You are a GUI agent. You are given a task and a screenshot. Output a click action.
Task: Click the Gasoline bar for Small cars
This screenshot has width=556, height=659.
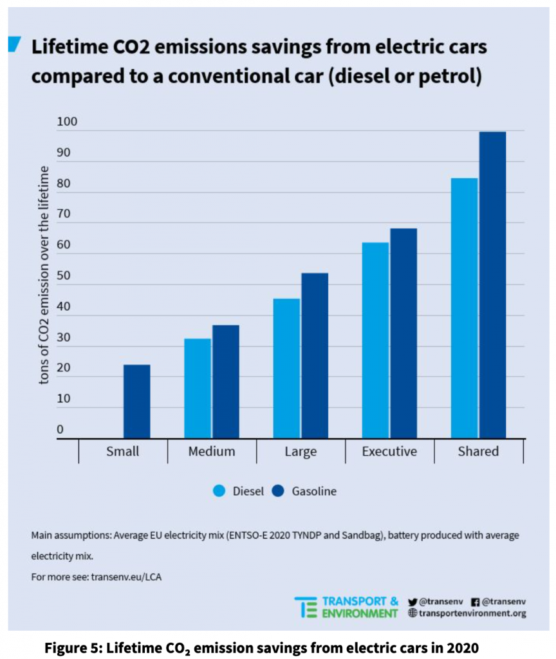click(136, 402)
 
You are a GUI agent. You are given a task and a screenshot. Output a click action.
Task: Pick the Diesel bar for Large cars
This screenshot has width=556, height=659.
click(286, 368)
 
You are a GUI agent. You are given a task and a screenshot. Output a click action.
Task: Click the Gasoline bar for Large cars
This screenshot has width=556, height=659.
click(315, 355)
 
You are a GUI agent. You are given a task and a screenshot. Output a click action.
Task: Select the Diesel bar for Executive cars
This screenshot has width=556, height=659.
click(375, 340)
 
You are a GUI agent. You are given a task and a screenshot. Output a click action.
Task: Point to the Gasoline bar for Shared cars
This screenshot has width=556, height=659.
click(492, 285)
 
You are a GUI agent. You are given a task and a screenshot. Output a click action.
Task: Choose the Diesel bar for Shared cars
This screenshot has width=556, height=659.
click(464, 308)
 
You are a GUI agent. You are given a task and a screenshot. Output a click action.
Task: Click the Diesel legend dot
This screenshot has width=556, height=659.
click(219, 491)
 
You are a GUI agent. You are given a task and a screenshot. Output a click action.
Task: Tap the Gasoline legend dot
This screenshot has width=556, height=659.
click(279, 491)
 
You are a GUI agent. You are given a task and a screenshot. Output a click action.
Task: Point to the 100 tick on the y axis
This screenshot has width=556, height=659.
click(66, 122)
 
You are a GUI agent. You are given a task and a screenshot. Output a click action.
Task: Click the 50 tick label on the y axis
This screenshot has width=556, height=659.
click(63, 275)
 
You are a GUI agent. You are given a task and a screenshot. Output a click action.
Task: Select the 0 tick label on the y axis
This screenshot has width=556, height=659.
click(60, 429)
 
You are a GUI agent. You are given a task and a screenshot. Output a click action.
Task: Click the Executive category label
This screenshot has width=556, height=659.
click(389, 451)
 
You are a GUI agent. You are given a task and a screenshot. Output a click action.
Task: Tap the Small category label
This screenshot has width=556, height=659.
click(122, 451)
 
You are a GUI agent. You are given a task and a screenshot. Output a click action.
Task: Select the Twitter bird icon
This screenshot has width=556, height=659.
click(412, 601)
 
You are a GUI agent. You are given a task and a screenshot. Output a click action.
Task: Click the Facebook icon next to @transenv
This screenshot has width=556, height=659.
click(476, 601)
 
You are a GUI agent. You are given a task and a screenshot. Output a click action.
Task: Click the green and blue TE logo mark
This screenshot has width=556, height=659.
click(306, 607)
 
